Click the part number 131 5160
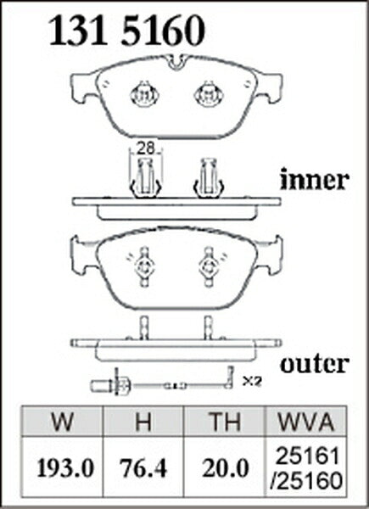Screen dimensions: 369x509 pos(127,31)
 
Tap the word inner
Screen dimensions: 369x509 pos(315,180)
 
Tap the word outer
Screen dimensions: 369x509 pos(315,364)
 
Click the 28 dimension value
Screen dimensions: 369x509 pos(145,148)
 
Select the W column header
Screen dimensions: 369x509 pos(62,422)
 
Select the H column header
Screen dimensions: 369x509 pos(143,422)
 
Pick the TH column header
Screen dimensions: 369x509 pos(225,422)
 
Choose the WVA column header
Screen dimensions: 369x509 pos(306,422)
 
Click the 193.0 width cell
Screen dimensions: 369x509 pos(65,468)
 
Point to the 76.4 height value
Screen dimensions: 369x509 pos(143,468)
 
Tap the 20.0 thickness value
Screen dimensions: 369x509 pos(225,468)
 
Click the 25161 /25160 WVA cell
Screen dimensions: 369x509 pos(306,468)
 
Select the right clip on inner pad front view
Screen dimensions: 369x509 pos(209,94)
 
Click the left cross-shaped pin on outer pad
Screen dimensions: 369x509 pos(144,267)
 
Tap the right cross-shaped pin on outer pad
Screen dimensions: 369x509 pos(208,267)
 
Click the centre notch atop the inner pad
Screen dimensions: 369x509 pos(176,62)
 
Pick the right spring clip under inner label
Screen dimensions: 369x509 pos(208,178)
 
